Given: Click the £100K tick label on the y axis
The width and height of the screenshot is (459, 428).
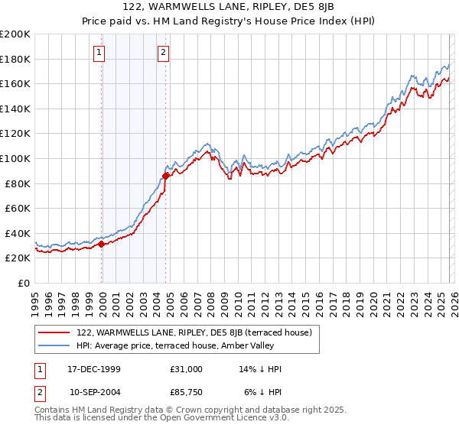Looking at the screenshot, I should pos(15,158).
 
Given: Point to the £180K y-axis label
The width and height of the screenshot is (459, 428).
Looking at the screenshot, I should pos(15,59).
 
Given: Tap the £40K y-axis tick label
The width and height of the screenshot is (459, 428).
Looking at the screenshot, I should pos(17,233).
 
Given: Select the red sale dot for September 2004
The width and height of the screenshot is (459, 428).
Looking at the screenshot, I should pos(165,176).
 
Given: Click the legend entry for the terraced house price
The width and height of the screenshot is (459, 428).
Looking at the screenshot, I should pos(194,332).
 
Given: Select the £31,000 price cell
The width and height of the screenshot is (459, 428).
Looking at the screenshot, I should pos(187,369).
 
